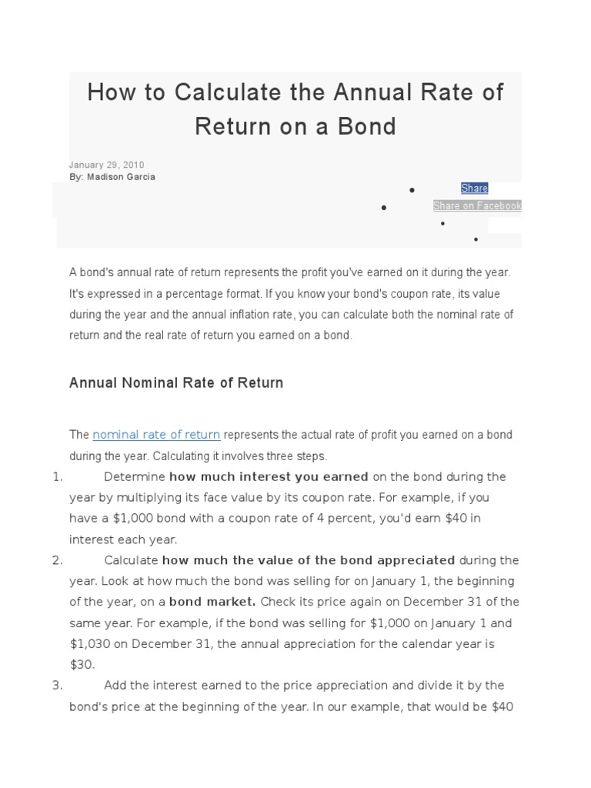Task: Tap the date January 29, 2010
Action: click(106, 165)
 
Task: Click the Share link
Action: click(474, 189)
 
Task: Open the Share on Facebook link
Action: click(477, 205)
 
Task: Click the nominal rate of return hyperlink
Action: click(156, 435)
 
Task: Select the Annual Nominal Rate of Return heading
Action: click(176, 382)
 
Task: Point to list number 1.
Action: click(57, 476)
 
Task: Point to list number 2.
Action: click(57, 559)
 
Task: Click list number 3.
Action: click(57, 685)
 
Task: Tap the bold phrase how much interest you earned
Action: click(269, 476)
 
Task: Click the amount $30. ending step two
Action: click(81, 663)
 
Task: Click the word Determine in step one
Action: click(135, 476)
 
